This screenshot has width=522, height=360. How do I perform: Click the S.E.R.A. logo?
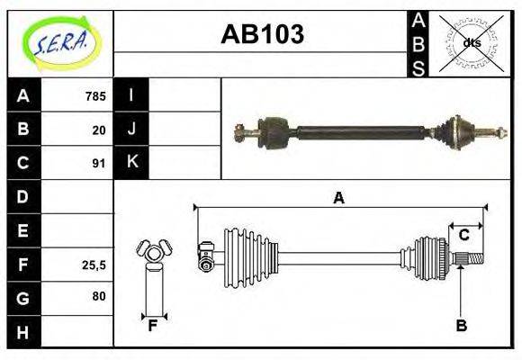tap(60, 41)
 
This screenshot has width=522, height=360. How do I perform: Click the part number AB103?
tap(262, 34)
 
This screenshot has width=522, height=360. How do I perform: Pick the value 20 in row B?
tap(99, 130)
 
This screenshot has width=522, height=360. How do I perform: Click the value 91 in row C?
tap(99, 164)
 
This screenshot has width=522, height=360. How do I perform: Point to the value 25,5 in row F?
tap(94, 265)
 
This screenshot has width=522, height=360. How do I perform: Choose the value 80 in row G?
tap(98, 295)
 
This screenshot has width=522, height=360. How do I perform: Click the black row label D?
tap(23, 196)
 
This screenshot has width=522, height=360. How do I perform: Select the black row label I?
tap(131, 95)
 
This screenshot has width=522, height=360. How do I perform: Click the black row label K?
tap(131, 163)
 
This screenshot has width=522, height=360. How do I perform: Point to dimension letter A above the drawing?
tap(338, 198)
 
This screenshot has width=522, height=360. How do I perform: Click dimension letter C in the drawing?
tap(463, 236)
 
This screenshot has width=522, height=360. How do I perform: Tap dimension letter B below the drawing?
tap(461, 326)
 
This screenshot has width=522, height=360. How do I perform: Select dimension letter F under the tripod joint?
tap(153, 326)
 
